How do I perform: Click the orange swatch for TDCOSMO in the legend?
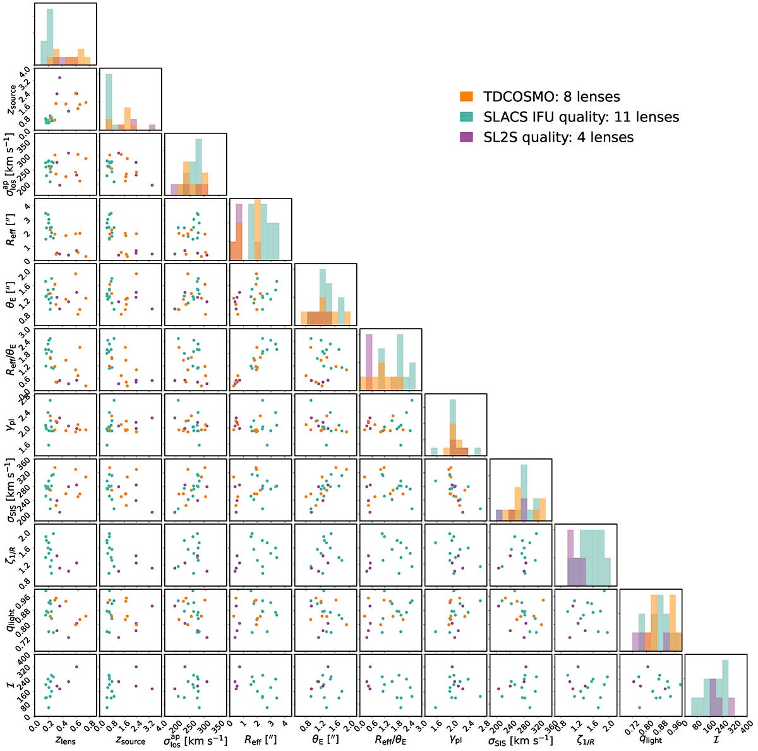coord(466,97)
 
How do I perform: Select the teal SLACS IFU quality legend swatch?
coord(466,117)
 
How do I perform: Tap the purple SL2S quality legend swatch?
coord(466,137)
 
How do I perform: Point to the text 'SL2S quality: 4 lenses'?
coord(558,137)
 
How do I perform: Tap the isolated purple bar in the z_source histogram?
coord(152,127)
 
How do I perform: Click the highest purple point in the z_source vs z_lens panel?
coord(59,78)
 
